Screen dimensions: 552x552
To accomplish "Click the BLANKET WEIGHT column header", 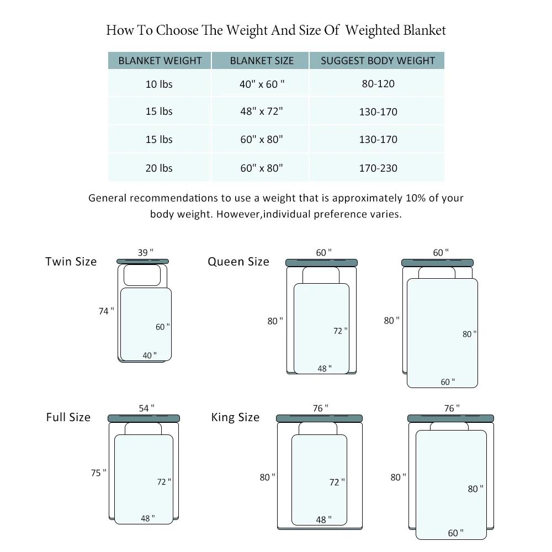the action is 160,61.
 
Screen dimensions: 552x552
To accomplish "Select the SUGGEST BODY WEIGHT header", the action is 378,61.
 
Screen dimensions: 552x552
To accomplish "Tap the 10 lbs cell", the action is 159,84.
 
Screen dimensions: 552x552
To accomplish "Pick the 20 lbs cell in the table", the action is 159,168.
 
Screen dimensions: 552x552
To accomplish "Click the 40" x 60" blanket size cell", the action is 262,84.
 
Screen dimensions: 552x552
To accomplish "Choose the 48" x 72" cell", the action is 262,112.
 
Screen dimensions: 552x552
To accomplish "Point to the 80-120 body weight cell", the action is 378,84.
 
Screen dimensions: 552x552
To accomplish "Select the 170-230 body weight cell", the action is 378,168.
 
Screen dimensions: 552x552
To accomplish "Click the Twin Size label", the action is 71,262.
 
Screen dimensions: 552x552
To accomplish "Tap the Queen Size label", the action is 238,262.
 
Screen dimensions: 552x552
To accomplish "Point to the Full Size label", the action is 68,417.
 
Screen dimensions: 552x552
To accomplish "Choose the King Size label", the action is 235,417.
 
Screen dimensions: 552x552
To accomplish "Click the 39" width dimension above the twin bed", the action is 145,252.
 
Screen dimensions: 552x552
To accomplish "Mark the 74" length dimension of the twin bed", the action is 107,311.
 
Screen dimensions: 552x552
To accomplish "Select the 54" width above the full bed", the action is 146,408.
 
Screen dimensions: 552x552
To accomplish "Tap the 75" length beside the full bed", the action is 99,473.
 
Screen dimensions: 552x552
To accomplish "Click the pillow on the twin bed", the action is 142,275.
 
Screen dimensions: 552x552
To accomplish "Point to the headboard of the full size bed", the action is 144,418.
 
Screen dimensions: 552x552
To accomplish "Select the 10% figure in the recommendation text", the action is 416,198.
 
